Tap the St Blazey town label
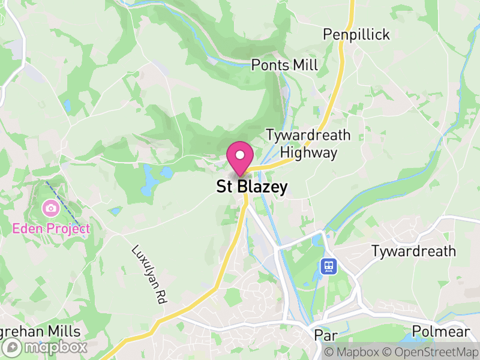tap(251, 187)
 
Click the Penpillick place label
tap(356, 35)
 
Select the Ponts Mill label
tap(284, 65)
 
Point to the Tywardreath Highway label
tap(308, 143)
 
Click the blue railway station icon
tap(328, 266)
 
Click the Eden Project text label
tap(51, 229)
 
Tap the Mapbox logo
tap(46, 347)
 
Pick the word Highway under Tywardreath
tap(308, 152)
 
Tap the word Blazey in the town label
tap(262, 187)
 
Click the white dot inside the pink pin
tap(240, 155)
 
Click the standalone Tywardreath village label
tap(413, 251)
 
